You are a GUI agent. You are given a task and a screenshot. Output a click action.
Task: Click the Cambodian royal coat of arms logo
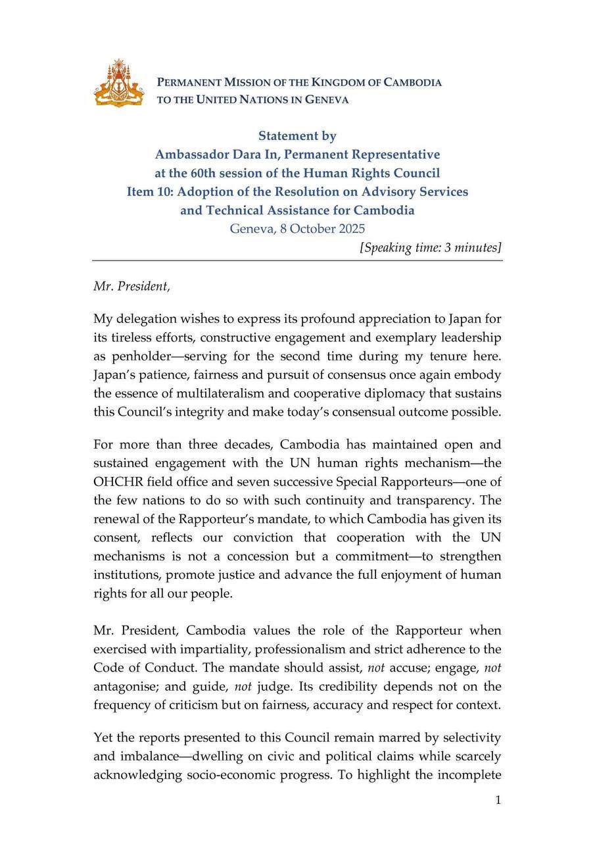[x=119, y=83]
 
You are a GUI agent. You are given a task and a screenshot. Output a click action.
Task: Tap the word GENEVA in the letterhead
[x=327, y=100]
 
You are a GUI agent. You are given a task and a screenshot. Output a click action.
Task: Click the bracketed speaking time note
[x=431, y=247]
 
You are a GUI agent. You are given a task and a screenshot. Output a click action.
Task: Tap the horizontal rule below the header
[x=297, y=260]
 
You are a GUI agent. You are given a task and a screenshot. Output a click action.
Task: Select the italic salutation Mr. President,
[x=131, y=286]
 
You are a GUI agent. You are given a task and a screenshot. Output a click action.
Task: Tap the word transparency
[x=427, y=499]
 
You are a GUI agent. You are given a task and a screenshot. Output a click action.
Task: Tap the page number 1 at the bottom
[x=498, y=800]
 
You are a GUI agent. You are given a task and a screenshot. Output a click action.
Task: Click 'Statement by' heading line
[x=297, y=136]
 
